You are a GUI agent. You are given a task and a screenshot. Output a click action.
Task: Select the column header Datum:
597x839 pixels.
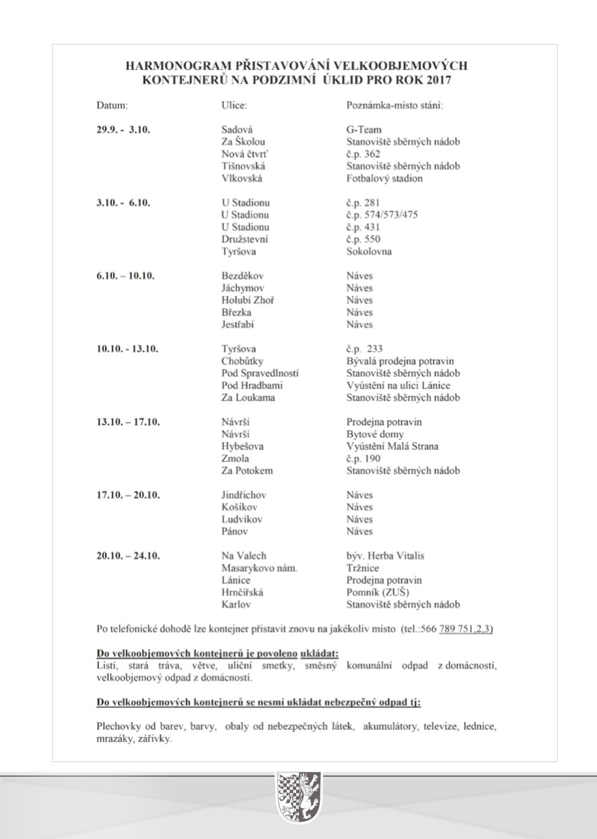click(112, 107)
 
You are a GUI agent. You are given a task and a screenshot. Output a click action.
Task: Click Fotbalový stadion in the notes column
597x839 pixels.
click(385, 178)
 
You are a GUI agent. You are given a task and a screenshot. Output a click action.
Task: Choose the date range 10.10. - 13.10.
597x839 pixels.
click(127, 349)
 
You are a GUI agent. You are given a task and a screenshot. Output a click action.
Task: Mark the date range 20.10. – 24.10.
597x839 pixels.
click(127, 556)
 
